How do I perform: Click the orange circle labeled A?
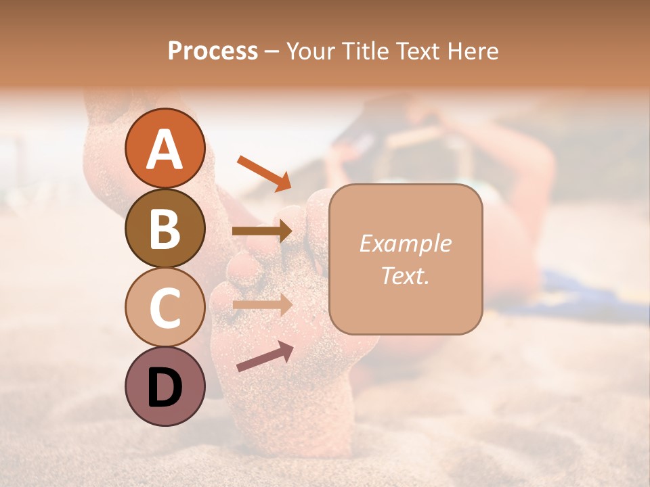pyautogui.click(x=165, y=148)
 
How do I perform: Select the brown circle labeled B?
pyautogui.click(x=165, y=228)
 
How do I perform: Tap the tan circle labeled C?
pyautogui.click(x=165, y=308)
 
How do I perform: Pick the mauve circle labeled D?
pyautogui.click(x=165, y=387)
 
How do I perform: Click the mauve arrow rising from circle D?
pyautogui.click(x=265, y=356)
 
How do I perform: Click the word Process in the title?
pyautogui.click(x=213, y=51)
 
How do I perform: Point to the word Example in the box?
pyautogui.click(x=405, y=243)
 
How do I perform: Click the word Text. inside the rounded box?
pyautogui.click(x=405, y=276)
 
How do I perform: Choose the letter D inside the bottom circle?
pyautogui.click(x=165, y=388)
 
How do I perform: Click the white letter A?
pyautogui.click(x=165, y=149)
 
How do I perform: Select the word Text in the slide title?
pyautogui.click(x=418, y=51)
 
